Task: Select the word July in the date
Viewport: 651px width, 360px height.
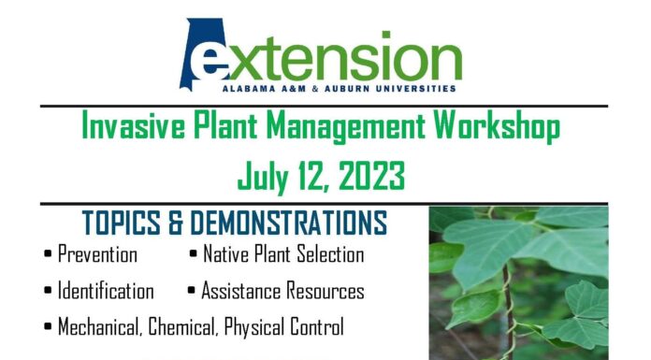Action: [x=263, y=174]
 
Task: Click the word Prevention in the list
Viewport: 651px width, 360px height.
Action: [x=97, y=254]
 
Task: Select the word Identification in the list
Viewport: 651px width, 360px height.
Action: [x=106, y=291]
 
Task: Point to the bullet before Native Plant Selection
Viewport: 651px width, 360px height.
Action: [x=193, y=254]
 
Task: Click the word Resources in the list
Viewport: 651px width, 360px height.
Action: [x=319, y=291]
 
